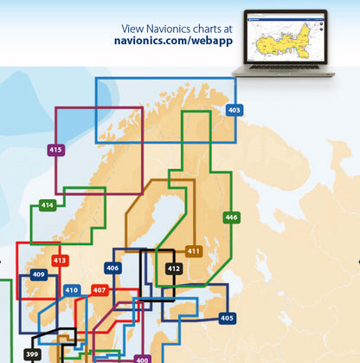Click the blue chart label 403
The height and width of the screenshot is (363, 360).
click(235, 110)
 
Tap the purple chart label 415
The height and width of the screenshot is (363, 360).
click(55, 150)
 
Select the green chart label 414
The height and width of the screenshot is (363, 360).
click(47, 205)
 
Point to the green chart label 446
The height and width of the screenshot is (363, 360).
click(231, 217)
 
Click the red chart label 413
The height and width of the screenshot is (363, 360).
click(60, 260)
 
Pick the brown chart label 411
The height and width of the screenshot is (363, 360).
click(194, 251)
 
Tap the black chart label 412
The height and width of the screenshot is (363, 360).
click(174, 269)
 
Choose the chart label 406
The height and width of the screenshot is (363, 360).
click(112, 269)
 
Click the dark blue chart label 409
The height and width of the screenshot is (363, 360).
click(38, 275)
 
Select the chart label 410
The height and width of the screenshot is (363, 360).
click(72, 290)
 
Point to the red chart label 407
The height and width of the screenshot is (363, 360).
click(100, 290)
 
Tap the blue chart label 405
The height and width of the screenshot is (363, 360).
click(227, 318)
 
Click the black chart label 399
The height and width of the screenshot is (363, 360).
click(33, 355)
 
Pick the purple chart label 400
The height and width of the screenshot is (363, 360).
click(142, 360)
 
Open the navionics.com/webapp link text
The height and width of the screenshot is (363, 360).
click(170, 41)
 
